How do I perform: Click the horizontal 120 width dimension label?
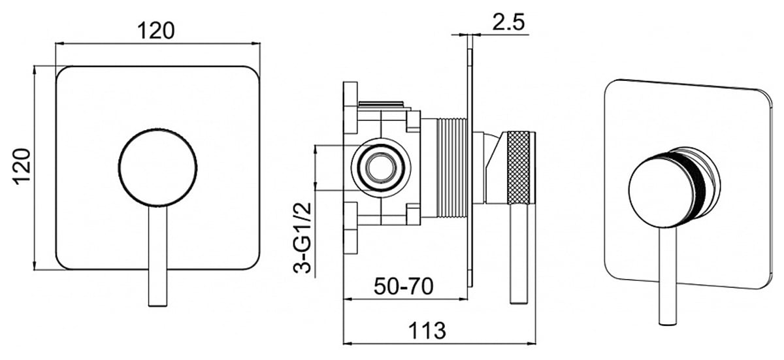[155, 31]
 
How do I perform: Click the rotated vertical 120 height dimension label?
[22, 166]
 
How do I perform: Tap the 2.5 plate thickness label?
[508, 22]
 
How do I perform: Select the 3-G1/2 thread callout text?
[302, 238]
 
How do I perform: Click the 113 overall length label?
[427, 330]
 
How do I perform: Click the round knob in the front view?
[157, 167]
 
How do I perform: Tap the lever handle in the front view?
[158, 256]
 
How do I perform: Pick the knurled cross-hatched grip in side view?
[519, 167]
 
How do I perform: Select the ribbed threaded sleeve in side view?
[452, 167]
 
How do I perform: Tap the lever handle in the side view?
[519, 253]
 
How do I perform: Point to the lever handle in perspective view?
[668, 276]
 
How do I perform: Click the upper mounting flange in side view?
[350, 108]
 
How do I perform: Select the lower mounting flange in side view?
[350, 228]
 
